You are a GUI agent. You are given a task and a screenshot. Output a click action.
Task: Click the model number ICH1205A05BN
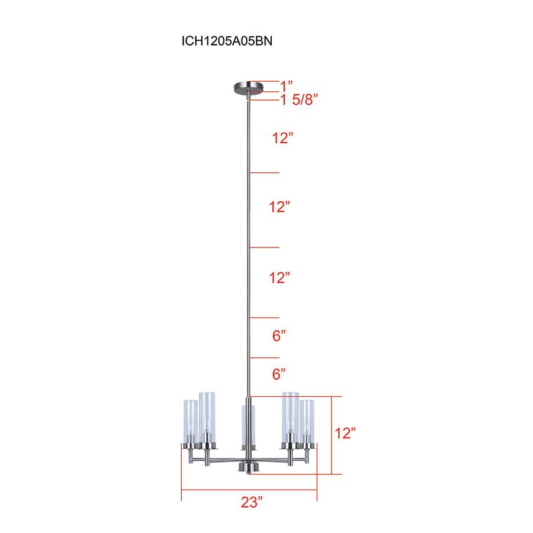(x=227, y=41)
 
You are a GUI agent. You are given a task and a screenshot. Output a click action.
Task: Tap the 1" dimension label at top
(x=287, y=85)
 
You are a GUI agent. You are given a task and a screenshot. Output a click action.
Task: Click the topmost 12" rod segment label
(x=283, y=139)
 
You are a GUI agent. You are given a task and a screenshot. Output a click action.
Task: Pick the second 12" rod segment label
(x=279, y=207)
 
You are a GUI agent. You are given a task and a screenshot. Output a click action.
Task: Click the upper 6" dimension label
(x=279, y=336)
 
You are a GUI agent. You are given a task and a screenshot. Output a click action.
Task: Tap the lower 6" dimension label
(x=279, y=374)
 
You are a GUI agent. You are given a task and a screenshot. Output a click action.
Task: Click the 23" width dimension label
(x=252, y=503)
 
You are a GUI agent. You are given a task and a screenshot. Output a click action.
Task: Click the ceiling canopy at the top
(x=248, y=88)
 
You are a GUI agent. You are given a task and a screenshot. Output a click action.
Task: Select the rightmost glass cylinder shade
(x=306, y=422)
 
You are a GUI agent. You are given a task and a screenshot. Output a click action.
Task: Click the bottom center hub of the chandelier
(x=248, y=467)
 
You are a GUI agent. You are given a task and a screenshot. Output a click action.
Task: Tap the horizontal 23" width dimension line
(x=249, y=490)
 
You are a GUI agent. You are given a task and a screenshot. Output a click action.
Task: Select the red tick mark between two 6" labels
(x=264, y=358)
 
